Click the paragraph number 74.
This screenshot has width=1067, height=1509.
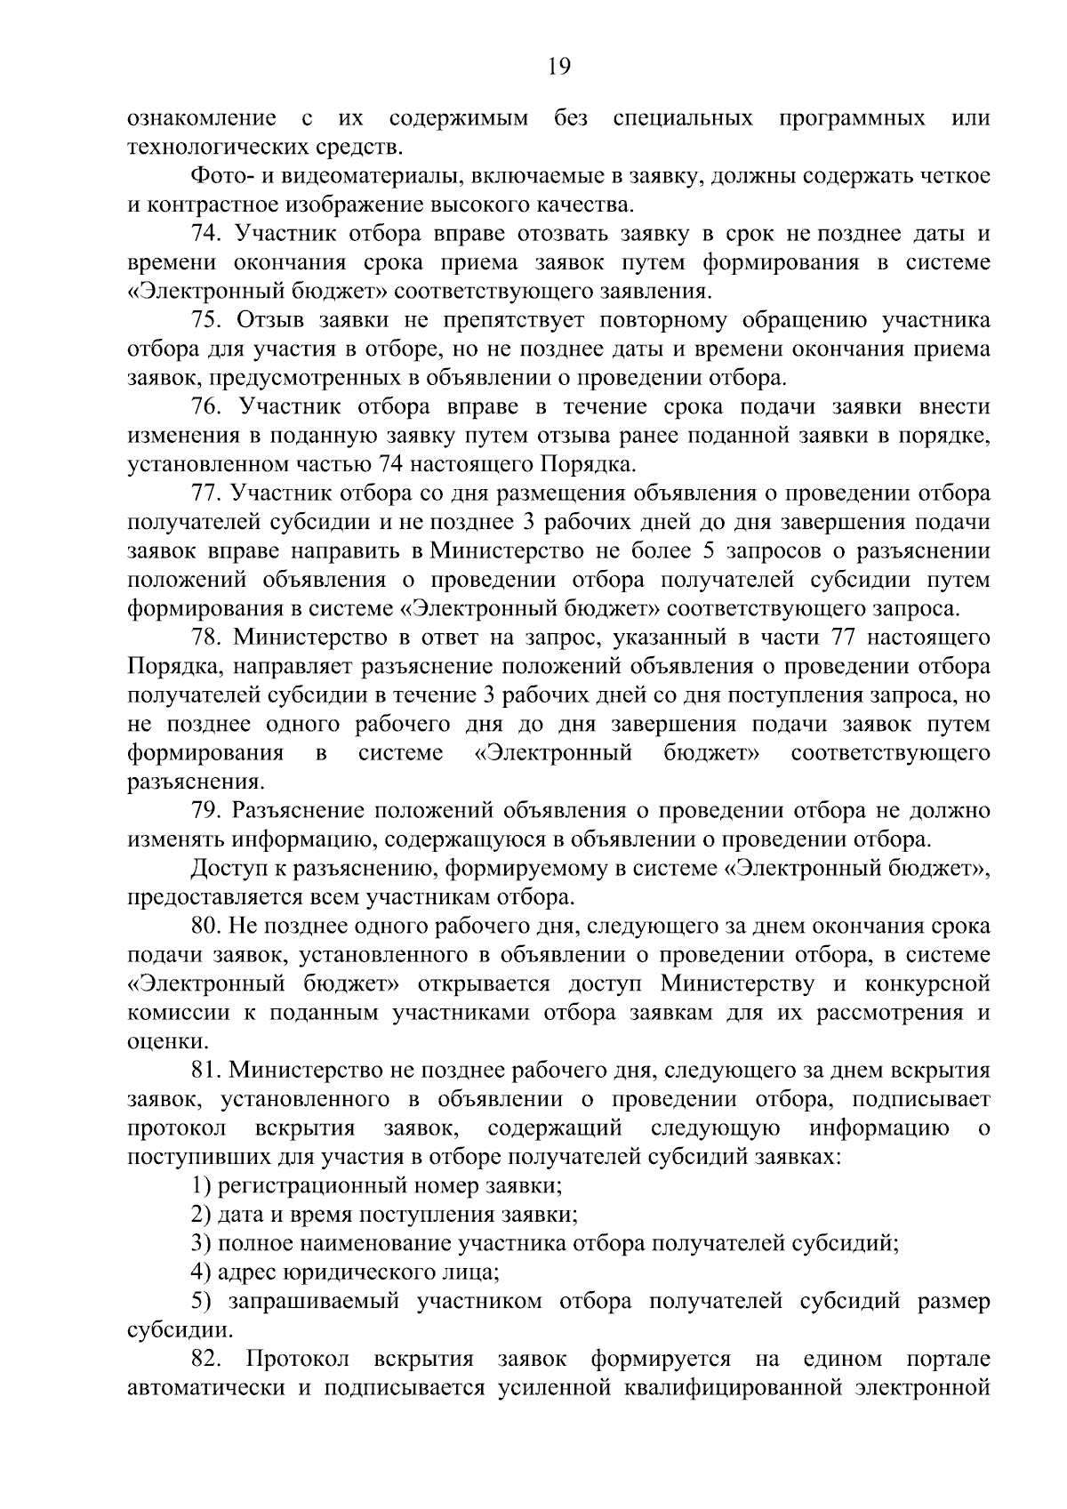[x=205, y=235]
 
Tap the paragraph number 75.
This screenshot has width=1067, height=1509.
[x=205, y=321]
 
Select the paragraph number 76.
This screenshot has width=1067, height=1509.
[x=205, y=407]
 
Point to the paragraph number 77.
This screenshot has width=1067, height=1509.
[x=205, y=494]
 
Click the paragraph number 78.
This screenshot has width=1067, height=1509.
[x=205, y=638]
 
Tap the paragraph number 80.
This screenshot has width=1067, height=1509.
[x=205, y=926]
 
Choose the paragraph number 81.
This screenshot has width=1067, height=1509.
[x=205, y=1070]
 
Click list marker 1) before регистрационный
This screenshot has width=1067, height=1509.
[x=201, y=1185]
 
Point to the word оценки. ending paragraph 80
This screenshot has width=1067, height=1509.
[x=156, y=1041]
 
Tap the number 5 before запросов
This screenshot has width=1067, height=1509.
[x=709, y=551]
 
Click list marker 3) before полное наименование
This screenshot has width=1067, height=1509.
[x=201, y=1243]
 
